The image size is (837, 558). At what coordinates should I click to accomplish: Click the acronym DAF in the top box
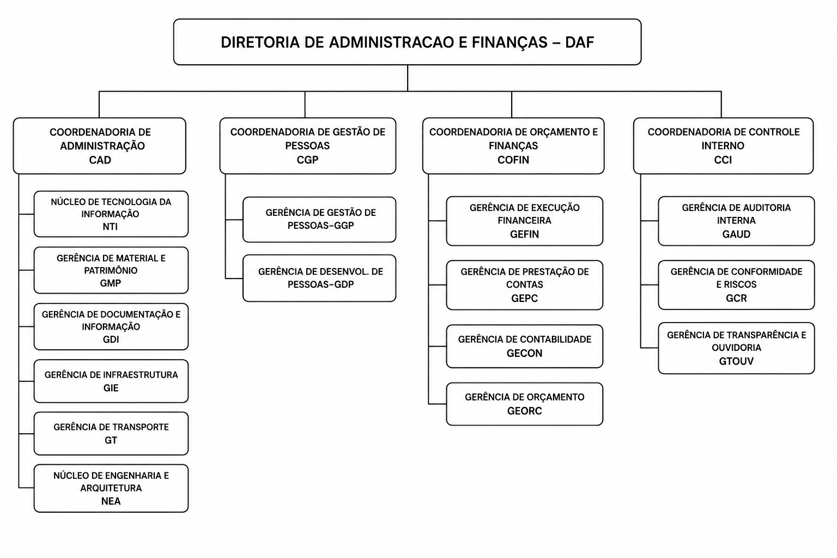point(579,43)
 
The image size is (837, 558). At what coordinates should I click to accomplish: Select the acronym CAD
point(100,160)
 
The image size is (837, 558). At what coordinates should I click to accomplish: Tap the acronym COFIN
point(513,160)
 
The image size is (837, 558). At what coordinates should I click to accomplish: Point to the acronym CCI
point(723,160)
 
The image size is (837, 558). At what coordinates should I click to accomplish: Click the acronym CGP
point(307,160)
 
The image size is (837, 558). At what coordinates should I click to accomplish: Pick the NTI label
point(110,227)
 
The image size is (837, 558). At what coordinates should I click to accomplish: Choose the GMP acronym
point(110,283)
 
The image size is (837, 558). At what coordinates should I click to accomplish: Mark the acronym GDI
point(111,339)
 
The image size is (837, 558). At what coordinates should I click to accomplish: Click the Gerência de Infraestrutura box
point(111,381)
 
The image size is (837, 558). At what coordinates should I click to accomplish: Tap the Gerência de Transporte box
point(111,433)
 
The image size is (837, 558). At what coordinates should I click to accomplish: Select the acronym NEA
point(111,501)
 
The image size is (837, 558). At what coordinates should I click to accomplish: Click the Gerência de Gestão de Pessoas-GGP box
point(319,220)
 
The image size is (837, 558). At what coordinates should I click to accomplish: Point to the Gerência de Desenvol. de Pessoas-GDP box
point(319,278)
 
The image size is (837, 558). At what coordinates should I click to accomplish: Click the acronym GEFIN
point(524,234)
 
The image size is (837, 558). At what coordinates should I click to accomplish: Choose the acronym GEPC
point(524,298)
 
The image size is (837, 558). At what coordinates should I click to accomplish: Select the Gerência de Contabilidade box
point(524,346)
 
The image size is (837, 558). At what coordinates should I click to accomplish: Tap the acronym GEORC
point(524,411)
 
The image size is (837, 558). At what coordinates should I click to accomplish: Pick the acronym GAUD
point(736,234)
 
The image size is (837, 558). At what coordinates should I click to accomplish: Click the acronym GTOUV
point(736,361)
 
